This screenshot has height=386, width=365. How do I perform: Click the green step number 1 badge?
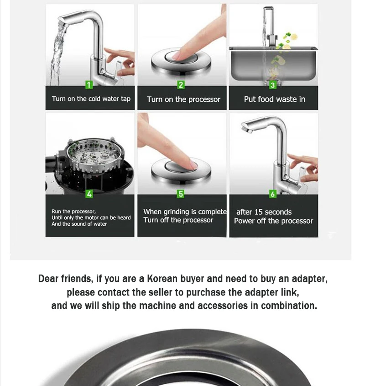coord(89,85)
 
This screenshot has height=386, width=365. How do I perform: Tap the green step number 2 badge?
coord(181,85)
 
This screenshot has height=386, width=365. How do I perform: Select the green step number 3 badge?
coord(272,85)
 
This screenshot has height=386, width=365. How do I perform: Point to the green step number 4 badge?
coord(89,194)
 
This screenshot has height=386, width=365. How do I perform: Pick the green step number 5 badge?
coord(181,194)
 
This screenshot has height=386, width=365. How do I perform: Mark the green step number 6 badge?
coord(272,194)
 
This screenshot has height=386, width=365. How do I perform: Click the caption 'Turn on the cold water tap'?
coord(91,99)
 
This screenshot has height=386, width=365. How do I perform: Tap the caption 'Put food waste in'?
coord(275,99)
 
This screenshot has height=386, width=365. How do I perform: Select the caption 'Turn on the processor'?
coord(183,100)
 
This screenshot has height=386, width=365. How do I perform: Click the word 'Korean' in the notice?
coord(162,279)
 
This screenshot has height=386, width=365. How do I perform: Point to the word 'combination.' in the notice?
coord(289,306)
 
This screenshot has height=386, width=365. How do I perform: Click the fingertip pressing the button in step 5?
coord(193,164)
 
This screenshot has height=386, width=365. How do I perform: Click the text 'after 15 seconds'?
coord(264,212)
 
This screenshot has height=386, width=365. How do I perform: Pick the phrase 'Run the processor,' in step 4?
coord(73,212)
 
